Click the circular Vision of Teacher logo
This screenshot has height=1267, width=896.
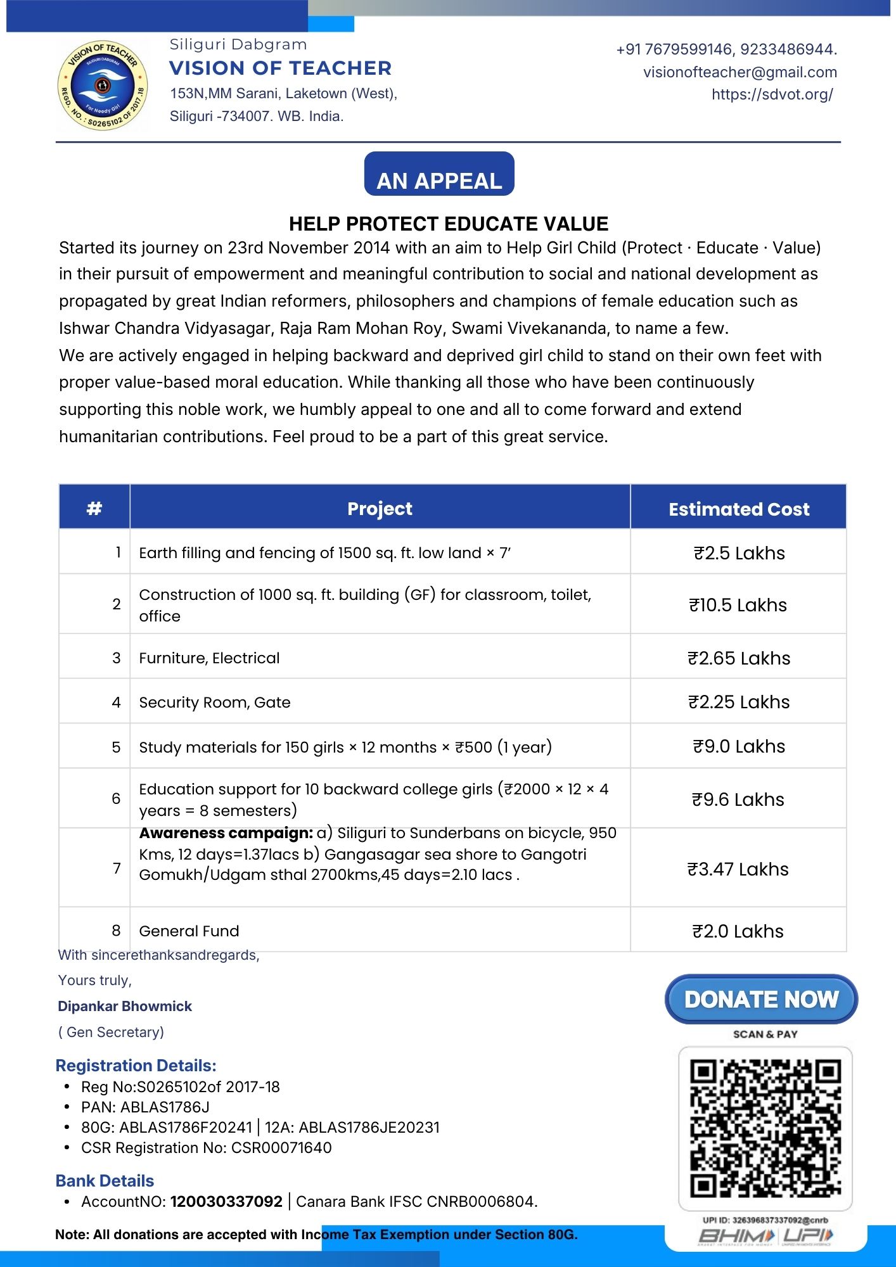(103, 86)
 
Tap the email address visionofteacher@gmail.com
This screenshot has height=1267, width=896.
(739, 72)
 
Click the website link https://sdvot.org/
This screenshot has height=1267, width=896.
(772, 94)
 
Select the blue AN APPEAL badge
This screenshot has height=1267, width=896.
(439, 174)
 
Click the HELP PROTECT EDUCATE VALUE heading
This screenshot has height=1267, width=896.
(448, 224)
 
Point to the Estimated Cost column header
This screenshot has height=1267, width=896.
(738, 509)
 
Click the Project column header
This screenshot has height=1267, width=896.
(380, 508)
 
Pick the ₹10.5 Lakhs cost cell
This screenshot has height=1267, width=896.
(738, 605)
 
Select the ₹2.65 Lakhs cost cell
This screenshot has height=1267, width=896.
(738, 658)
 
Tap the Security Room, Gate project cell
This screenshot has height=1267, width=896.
(215, 702)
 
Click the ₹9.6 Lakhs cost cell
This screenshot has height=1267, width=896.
(738, 799)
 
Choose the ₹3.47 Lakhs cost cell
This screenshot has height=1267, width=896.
(738, 869)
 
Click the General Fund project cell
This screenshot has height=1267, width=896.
(189, 931)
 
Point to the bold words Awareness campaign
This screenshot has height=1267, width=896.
(226, 833)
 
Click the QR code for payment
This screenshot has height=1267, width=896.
(765, 1128)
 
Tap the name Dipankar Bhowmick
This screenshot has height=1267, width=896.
(125, 1006)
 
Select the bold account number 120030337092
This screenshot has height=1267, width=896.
(226, 1201)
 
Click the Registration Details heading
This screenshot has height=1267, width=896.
(136, 1066)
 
